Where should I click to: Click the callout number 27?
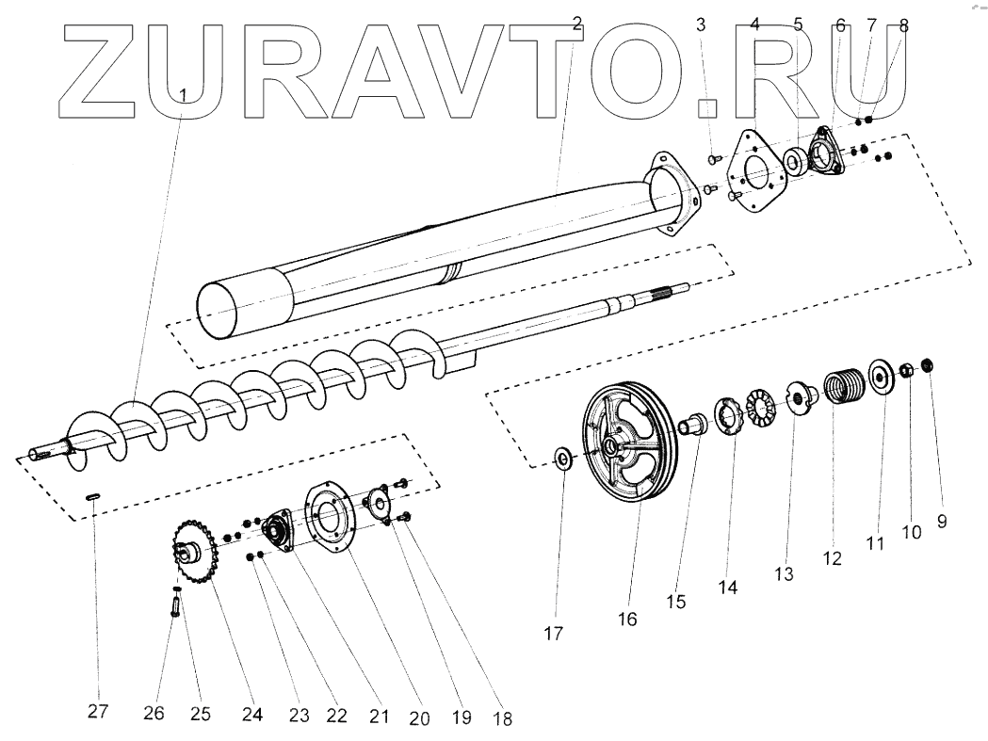point(98,712)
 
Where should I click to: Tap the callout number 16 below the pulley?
point(627,620)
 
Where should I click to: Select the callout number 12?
point(832,558)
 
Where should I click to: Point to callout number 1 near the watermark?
point(184,95)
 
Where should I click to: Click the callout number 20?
point(419,717)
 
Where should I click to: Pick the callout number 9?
point(942,521)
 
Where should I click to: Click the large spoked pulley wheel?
point(630,443)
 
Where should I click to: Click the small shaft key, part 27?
point(92,497)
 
